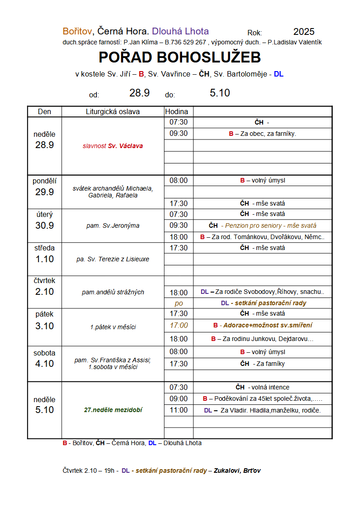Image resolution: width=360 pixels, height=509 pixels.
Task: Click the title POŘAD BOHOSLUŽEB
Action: click(180, 58)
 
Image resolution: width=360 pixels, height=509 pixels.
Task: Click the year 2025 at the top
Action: click(303, 32)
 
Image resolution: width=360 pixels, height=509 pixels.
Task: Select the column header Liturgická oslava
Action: click(113, 112)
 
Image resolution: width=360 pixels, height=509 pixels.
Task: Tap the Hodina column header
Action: click(178, 112)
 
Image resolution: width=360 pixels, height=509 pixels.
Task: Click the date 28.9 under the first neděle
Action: click(44, 145)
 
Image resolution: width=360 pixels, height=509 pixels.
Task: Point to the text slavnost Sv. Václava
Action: click(113, 146)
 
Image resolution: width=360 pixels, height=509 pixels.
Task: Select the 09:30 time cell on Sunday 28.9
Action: click(178, 134)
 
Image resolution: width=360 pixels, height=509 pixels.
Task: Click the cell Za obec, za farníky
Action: click(263, 134)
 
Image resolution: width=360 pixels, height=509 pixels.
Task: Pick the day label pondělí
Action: click(44, 181)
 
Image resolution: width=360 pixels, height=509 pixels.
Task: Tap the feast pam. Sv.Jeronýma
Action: click(113, 226)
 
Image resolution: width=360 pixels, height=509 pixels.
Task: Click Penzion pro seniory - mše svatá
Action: click(271, 226)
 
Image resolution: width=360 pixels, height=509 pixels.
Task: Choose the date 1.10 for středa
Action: click(44, 259)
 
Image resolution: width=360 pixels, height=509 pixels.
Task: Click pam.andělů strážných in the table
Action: click(113, 292)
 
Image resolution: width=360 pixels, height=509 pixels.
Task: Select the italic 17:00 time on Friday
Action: click(178, 325)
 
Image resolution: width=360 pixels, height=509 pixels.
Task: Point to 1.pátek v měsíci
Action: click(113, 327)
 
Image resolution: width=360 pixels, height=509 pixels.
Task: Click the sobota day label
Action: click(44, 353)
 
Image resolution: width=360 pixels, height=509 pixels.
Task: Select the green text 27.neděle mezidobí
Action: click(113, 410)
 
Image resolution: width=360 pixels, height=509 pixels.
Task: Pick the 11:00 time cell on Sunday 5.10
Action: click(178, 410)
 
